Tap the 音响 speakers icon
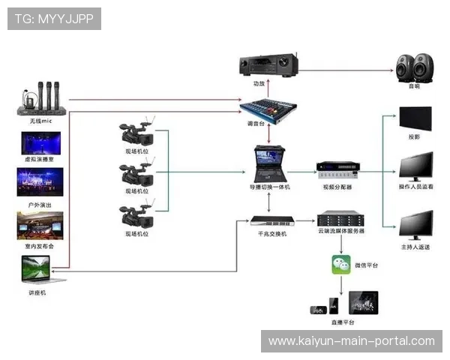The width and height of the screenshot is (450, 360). pyautogui.click(x=415, y=67)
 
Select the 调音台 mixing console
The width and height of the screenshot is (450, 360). pyautogui.click(x=268, y=107)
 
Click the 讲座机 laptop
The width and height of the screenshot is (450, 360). pyautogui.click(x=37, y=268)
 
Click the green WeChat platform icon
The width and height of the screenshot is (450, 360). pyautogui.click(x=341, y=265)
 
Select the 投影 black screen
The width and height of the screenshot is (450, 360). pyautogui.click(x=415, y=120)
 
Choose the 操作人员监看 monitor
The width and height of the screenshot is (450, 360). pyautogui.click(x=415, y=166)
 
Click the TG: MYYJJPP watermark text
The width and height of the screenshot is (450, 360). pyautogui.click(x=54, y=18)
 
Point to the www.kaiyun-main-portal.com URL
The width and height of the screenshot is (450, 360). pyautogui.click(x=351, y=341)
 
